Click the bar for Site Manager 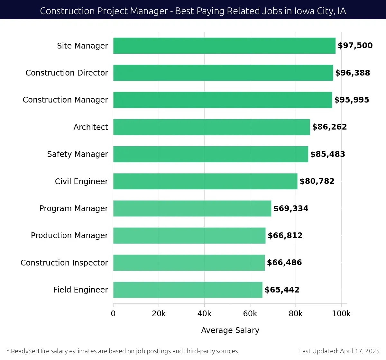tap(224, 46)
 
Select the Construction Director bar tap(223, 73)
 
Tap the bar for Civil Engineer tap(205, 181)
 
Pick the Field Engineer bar tap(188, 290)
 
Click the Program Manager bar tap(192, 208)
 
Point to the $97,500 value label tap(355, 46)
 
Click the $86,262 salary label tap(329, 127)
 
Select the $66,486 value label tap(284, 263)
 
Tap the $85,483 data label tap(327, 154)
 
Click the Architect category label tap(91, 127)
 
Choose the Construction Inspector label tap(64, 263)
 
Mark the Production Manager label tap(69, 236)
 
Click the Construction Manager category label tap(65, 100)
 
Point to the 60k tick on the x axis tap(250, 314)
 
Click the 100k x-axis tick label tap(341, 314)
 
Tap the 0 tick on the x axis tap(113, 314)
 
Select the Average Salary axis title tap(230, 330)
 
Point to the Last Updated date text tap(339, 351)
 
